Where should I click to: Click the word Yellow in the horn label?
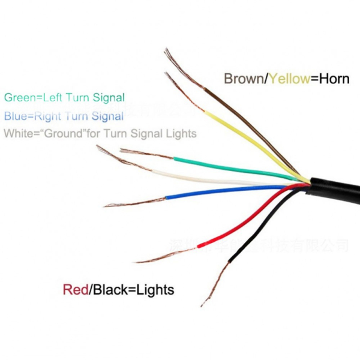tap(289, 79)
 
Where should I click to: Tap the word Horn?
tap(334, 79)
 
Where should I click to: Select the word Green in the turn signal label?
tap(18, 97)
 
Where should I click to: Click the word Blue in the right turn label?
tap(15, 116)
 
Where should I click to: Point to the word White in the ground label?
tap(17, 133)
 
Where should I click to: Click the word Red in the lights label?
tap(75, 290)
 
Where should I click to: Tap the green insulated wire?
tap(228, 164)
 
